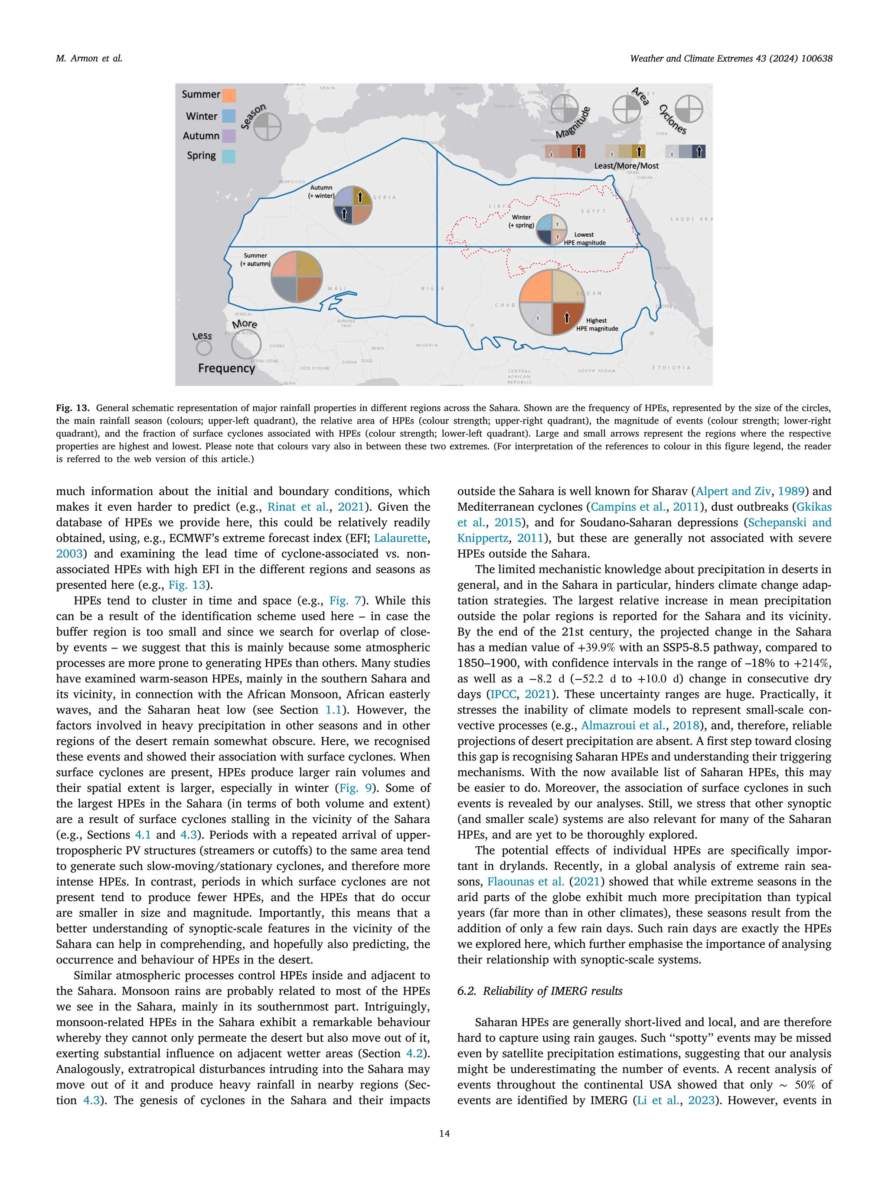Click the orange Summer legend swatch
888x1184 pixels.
point(229,95)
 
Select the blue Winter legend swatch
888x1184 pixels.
point(229,116)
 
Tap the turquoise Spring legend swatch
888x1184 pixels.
point(229,157)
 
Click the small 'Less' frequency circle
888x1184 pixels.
point(204,348)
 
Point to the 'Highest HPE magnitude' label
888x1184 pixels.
point(597,324)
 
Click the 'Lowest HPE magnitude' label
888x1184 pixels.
point(584,239)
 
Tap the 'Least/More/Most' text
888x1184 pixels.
point(626,166)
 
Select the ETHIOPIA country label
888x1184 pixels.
point(671,368)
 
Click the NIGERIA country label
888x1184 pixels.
point(427,345)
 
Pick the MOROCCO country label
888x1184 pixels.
point(292,182)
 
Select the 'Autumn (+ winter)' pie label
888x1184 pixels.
point(321,192)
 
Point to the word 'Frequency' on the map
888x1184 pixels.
point(226,368)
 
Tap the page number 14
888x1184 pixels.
point(444,1133)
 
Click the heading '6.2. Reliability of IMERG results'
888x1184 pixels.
point(539,991)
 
